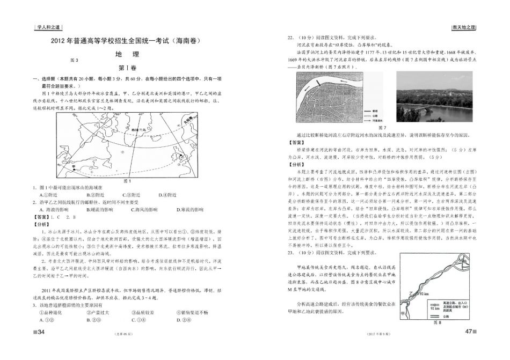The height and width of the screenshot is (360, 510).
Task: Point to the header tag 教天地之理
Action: [x=462, y=27]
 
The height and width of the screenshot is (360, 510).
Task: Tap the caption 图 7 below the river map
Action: [x=382, y=128]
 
